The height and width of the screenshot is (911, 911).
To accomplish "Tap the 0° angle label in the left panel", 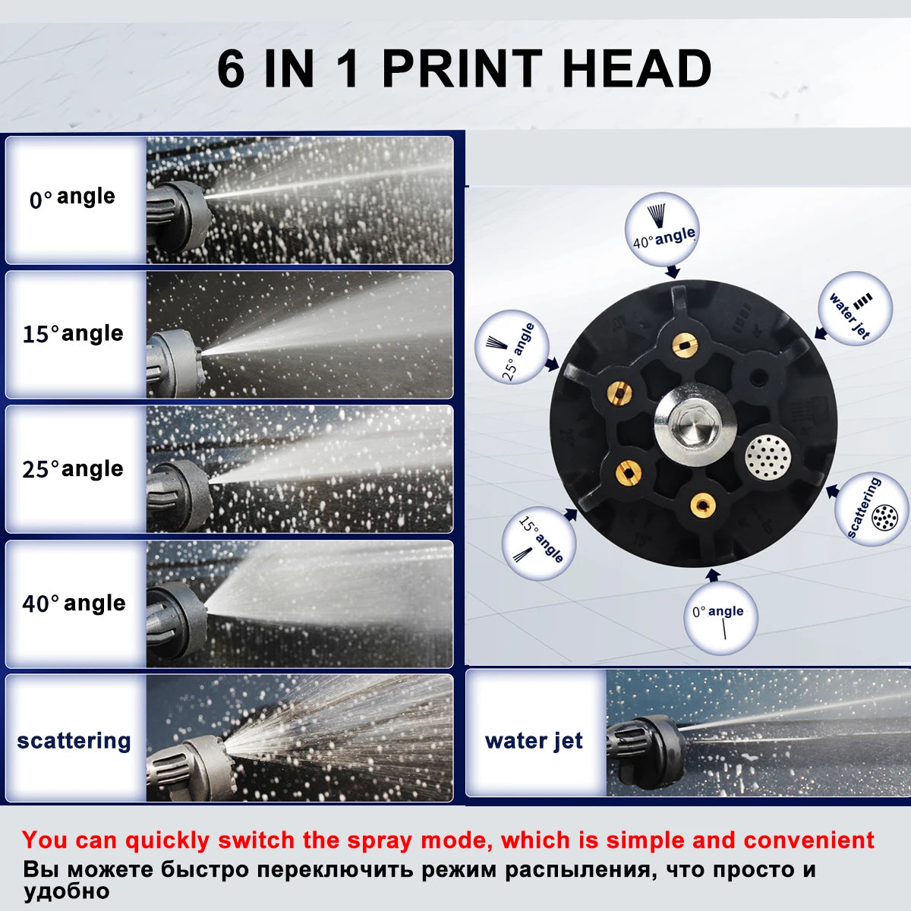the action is pyautogui.click(x=72, y=197).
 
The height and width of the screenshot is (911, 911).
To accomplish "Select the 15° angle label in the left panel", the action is pyautogui.click(x=74, y=334).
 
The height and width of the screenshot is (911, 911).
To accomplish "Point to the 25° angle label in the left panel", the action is pyautogui.click(x=74, y=469).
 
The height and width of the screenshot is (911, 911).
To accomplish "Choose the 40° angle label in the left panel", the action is pyautogui.click(x=74, y=604).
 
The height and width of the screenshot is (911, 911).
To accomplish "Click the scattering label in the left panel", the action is pyautogui.click(x=74, y=741).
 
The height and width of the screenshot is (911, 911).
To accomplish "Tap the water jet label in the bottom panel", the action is pyautogui.click(x=534, y=741).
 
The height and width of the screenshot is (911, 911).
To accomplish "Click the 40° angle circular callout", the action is pyautogui.click(x=662, y=229).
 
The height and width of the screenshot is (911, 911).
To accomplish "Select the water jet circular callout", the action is pyautogui.click(x=856, y=308).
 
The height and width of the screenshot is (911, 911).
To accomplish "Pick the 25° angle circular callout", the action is pyautogui.click(x=512, y=347).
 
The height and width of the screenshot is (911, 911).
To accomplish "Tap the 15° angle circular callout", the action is pyautogui.click(x=539, y=543).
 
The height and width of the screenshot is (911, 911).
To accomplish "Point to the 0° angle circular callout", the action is pyautogui.click(x=721, y=619).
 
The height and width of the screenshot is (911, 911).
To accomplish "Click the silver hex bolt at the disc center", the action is pyautogui.click(x=695, y=422).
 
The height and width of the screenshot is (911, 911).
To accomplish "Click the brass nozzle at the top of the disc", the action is pyautogui.click(x=685, y=345).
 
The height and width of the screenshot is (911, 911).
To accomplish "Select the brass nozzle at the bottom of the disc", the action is pyautogui.click(x=702, y=505).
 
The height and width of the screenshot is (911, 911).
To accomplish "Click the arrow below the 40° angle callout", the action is pyautogui.click(x=673, y=271).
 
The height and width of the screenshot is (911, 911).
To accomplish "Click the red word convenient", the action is pyautogui.click(x=809, y=840).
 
